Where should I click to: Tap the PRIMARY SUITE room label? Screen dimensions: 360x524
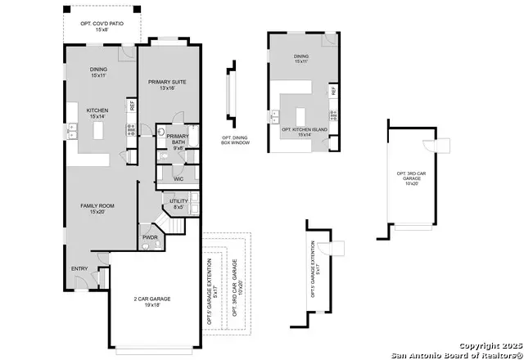coord(168,83)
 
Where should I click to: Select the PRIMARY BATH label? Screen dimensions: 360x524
coord(178,139)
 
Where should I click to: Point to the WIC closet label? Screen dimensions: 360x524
coord(178,178)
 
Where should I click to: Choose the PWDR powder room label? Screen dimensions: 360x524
coord(150,236)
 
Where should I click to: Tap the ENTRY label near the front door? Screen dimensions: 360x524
coord(79,268)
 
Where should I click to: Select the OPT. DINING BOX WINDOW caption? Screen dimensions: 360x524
coord(236,141)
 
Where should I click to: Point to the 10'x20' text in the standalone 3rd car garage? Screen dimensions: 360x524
coord(411,184)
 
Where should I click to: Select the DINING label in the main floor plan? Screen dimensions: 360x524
coord(98,70)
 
